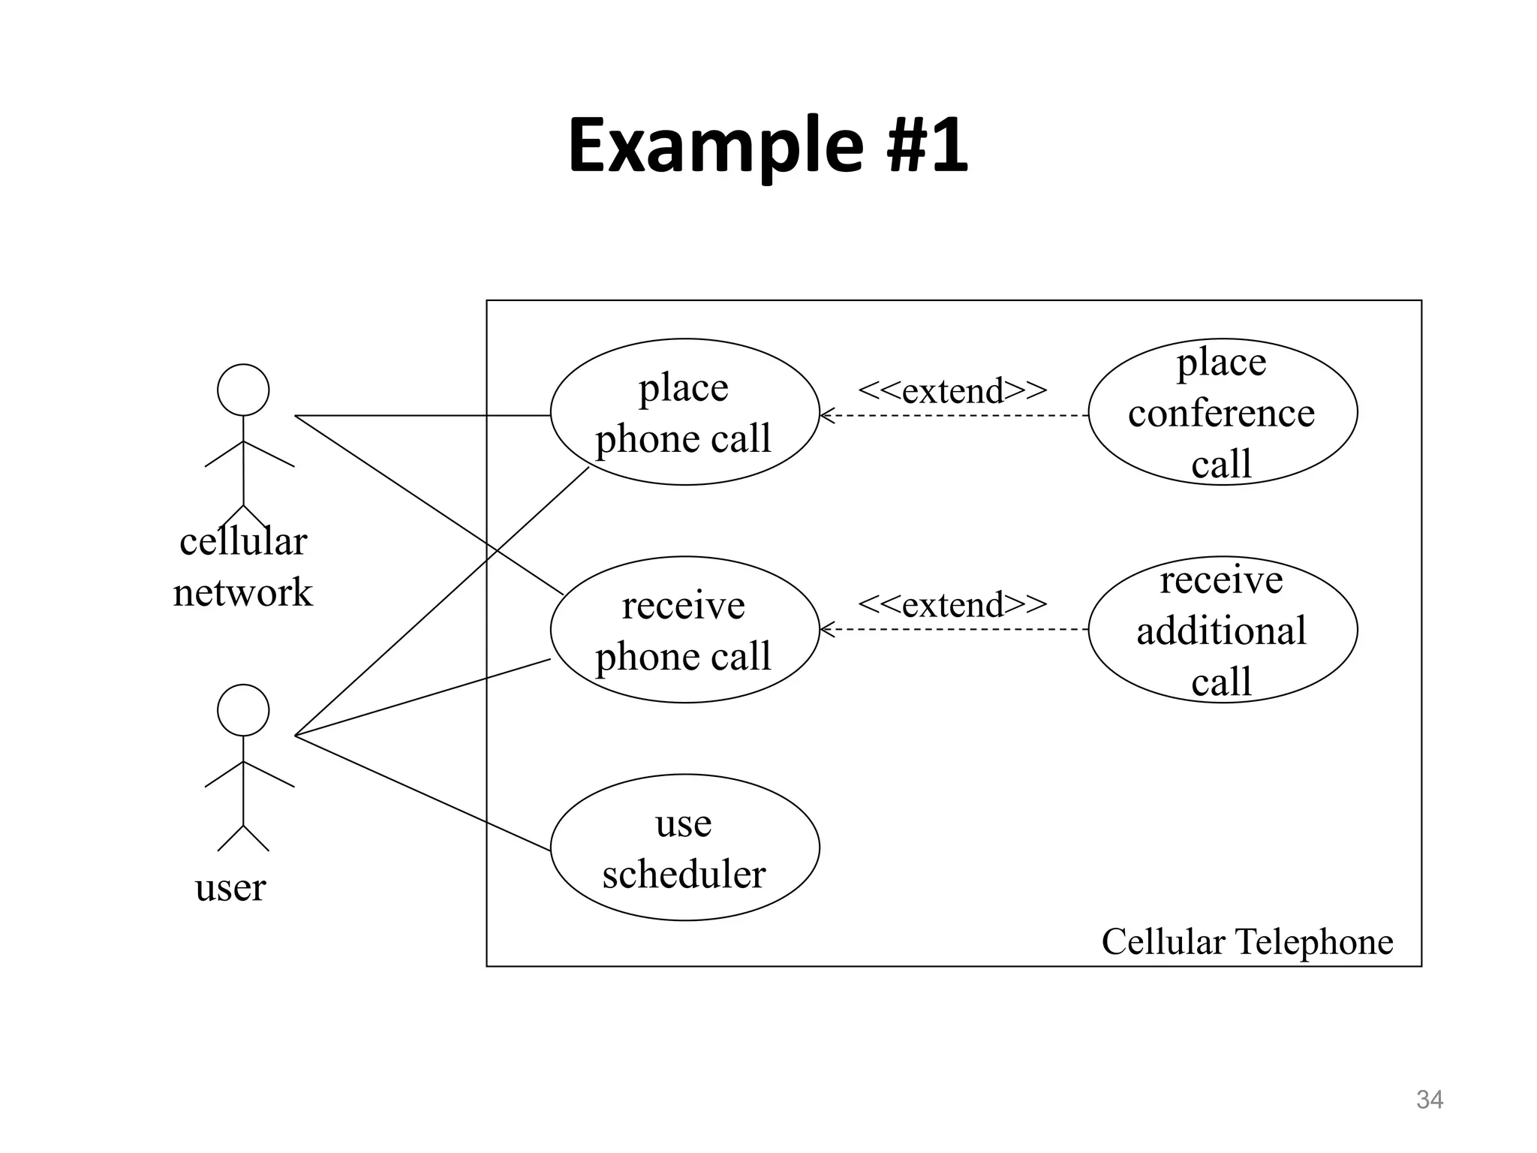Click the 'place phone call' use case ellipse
684,412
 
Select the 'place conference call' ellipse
1222,412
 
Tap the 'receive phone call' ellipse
684,630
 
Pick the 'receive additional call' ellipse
1222,630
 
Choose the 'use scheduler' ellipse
684,847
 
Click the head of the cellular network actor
243,390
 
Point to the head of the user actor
243,710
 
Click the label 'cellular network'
243,566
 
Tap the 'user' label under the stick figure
230,887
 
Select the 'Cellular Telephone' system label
1247,941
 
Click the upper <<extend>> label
952,390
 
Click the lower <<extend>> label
952,604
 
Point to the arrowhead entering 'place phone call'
826,415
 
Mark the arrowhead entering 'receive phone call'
826,630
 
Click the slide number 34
1429,1100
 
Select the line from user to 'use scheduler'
420,792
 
